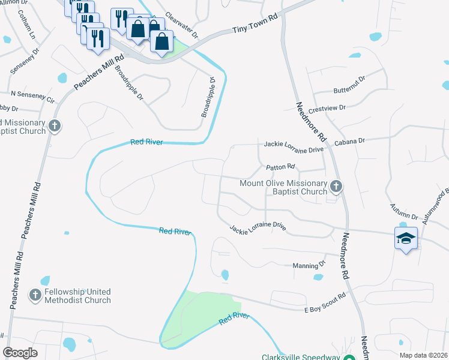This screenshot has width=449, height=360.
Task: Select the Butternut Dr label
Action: [349, 85]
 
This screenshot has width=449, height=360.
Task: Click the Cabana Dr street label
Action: [350, 141]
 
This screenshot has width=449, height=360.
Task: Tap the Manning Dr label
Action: [309, 265]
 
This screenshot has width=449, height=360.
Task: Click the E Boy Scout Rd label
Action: [325, 302]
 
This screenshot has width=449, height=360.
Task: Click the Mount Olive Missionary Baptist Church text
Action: [283, 187]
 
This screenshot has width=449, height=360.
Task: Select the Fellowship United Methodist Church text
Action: [77, 296]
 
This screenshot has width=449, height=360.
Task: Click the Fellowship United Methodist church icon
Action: [35, 295]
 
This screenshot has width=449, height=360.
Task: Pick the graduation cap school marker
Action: [406, 238]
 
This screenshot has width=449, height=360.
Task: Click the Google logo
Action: [20, 353]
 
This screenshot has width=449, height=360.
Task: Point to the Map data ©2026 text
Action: [423, 355]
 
